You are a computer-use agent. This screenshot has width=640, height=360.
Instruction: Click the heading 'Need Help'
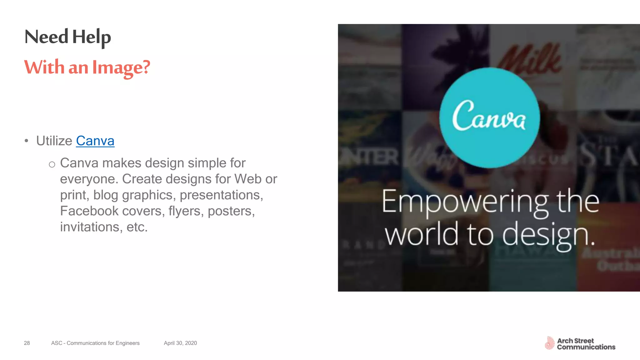click(67, 37)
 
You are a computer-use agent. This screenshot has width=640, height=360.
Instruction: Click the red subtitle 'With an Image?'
click(87, 67)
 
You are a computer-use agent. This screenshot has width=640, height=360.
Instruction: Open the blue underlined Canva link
click(95, 141)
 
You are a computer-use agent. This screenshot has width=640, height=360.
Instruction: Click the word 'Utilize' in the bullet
click(54, 141)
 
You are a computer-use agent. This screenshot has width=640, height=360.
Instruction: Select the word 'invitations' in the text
click(90, 227)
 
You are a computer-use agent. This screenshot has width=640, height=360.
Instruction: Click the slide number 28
click(27, 343)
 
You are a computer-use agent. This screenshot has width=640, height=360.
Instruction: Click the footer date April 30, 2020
click(180, 343)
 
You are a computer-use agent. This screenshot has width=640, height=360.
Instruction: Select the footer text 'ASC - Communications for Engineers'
click(95, 343)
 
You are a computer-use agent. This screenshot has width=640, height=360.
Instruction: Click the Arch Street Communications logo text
click(586, 344)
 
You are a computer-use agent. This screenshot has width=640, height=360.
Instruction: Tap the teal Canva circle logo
click(489, 118)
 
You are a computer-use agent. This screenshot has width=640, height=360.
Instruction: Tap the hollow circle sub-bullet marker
click(52, 164)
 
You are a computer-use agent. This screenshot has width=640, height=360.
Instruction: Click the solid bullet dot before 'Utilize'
click(27, 141)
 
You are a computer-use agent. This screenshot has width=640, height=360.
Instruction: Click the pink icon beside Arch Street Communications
click(549, 343)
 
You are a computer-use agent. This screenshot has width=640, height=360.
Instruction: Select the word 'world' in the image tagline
click(422, 234)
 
